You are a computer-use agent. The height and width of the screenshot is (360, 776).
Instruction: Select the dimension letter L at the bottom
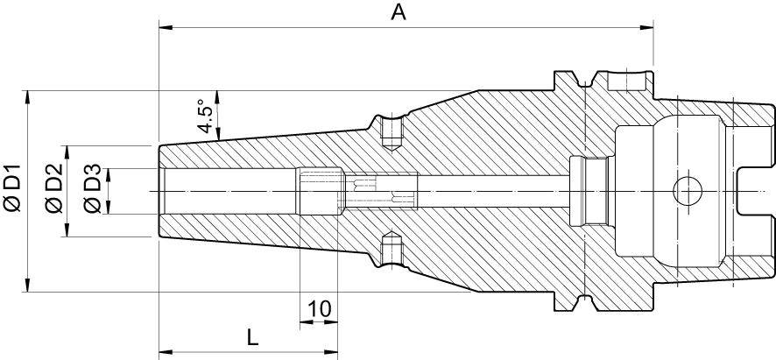coord(252,336)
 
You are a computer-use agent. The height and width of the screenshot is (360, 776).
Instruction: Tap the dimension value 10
coord(320,308)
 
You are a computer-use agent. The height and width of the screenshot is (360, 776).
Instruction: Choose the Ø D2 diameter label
coord(53,188)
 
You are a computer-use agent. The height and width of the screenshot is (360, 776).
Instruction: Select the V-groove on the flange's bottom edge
coord(581,301)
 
